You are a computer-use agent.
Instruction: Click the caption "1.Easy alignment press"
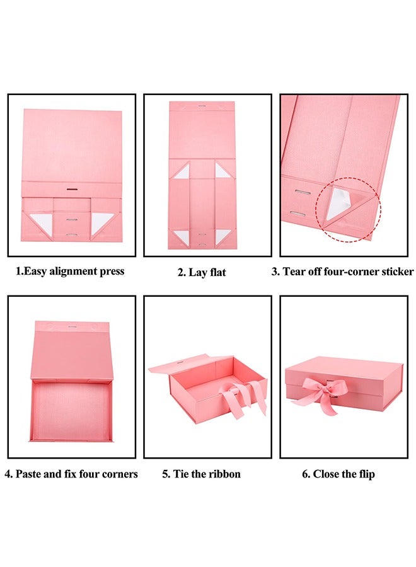70,272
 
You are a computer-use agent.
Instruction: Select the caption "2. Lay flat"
201,273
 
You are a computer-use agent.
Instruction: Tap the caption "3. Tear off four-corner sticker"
342,272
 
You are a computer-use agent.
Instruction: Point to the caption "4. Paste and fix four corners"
71,474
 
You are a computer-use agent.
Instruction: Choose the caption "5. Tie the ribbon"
201,474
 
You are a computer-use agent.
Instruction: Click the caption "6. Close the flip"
338,474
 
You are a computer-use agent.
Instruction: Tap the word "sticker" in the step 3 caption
395,272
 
